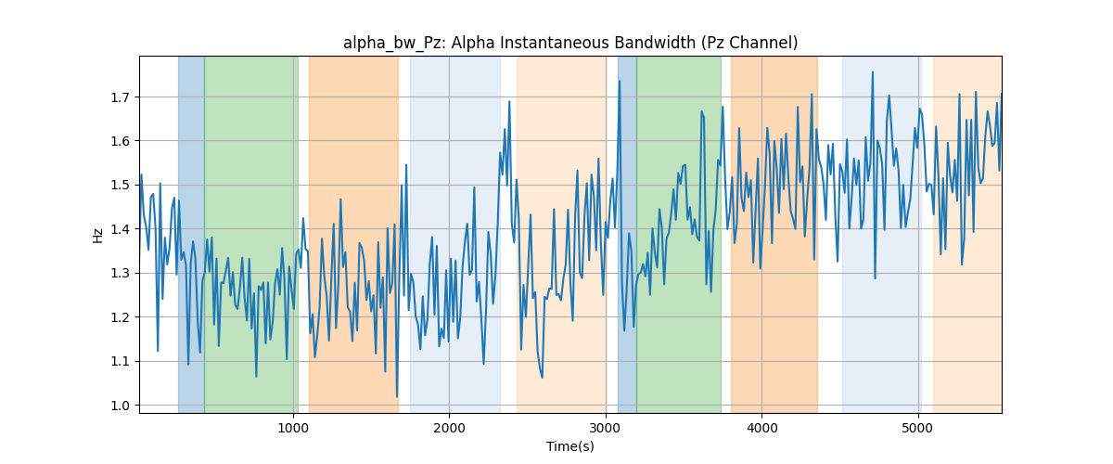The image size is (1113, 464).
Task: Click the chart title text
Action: click(570, 44)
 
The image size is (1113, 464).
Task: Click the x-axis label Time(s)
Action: click(570, 446)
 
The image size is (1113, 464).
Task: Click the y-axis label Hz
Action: click(98, 236)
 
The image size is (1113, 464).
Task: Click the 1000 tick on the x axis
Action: click(293, 428)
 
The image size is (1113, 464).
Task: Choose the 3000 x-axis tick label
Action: click(606, 428)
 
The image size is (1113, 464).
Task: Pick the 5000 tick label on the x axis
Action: click(917, 428)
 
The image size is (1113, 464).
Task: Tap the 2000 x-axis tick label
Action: click(449, 428)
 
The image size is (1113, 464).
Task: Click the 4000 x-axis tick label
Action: click(761, 428)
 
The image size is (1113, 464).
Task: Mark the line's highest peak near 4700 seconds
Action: click(873, 72)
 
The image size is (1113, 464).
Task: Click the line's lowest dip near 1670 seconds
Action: click(397, 396)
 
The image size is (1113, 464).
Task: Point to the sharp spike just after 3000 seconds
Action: click(620, 81)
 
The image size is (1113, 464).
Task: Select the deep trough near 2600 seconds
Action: click(542, 378)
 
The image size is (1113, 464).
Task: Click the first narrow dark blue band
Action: click(191, 235)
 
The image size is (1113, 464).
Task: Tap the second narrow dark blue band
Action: click(627, 235)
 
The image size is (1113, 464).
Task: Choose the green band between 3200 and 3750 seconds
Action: click(679, 235)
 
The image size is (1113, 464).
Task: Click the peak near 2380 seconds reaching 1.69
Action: click(509, 101)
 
